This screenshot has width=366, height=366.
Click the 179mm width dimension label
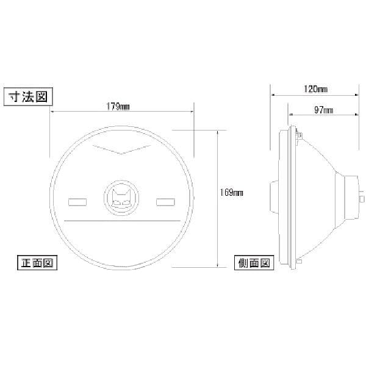(118, 107)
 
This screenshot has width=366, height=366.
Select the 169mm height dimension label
(231, 193)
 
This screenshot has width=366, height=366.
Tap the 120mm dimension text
(315, 89)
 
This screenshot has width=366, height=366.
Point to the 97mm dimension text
(323, 110)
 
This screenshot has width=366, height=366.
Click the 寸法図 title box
(28, 96)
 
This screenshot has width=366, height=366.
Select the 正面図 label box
(37, 263)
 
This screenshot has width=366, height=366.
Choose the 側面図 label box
(254, 263)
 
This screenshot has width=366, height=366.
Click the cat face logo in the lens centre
(121, 198)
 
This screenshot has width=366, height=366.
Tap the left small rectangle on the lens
(77, 202)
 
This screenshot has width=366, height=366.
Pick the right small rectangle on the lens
(165, 202)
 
